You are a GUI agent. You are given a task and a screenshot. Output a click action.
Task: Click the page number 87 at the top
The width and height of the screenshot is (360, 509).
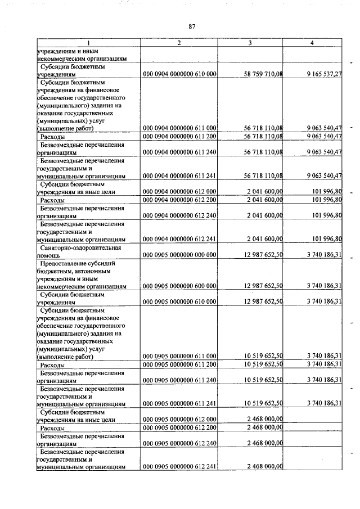[192, 26]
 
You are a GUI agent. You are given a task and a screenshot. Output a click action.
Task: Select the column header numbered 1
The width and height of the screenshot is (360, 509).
[88, 43]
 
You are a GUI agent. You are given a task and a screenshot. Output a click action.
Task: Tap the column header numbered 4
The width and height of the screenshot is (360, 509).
[312, 43]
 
